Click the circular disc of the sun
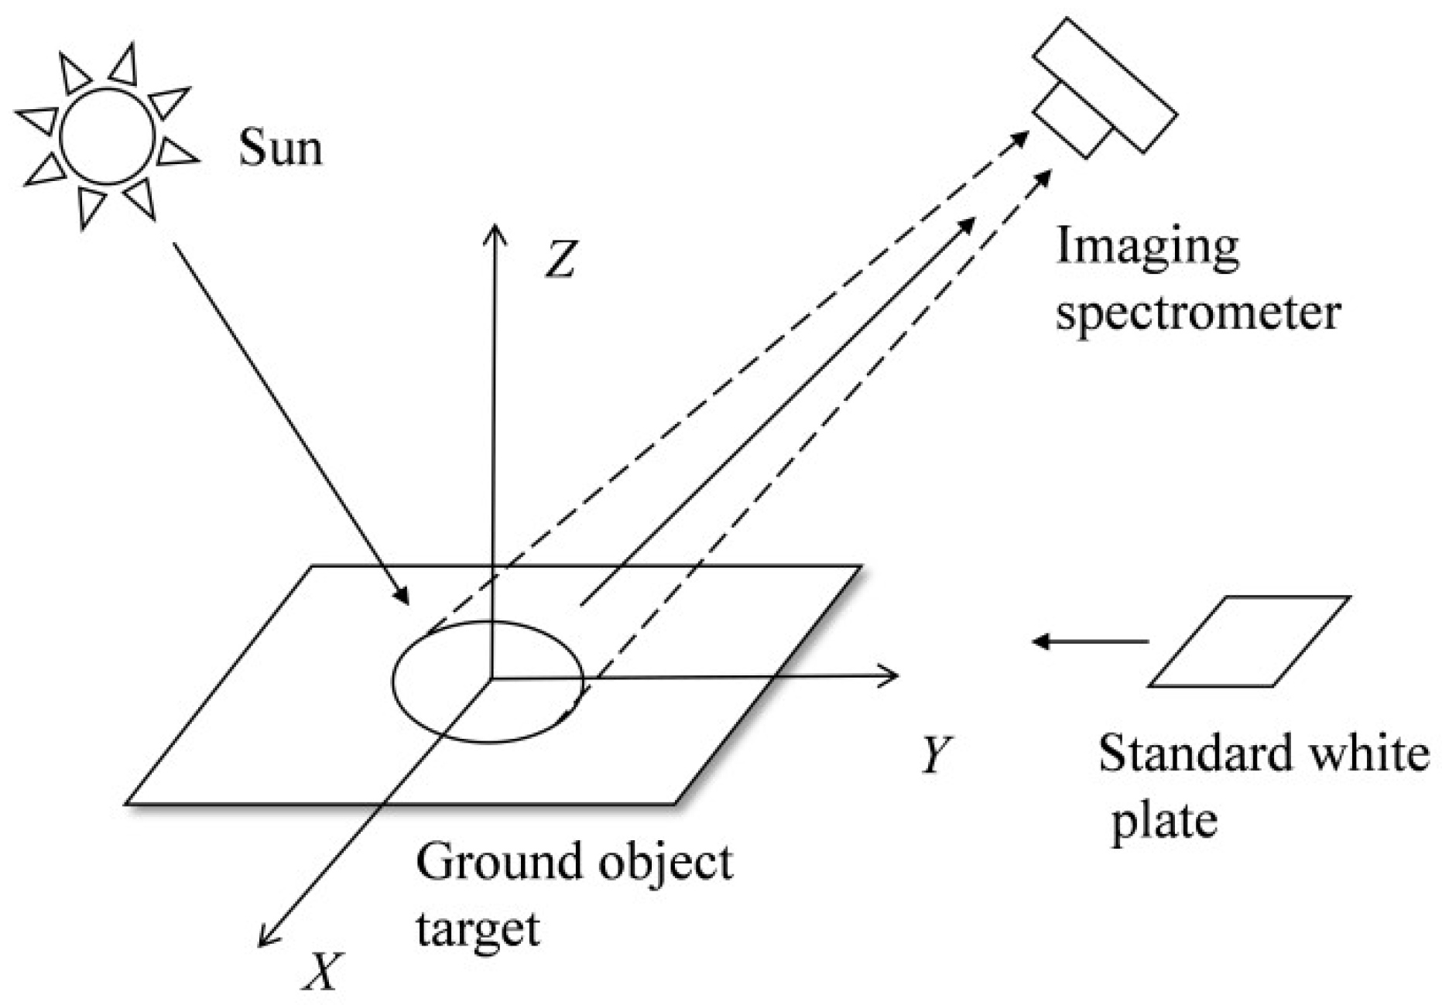(107, 137)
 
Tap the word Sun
(279, 147)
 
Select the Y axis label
(937, 754)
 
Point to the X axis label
(321, 971)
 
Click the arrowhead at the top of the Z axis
(494, 232)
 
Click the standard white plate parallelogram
(1249, 641)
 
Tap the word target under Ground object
(477, 928)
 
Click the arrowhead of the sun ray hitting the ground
(402, 596)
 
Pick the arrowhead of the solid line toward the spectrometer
(968, 224)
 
